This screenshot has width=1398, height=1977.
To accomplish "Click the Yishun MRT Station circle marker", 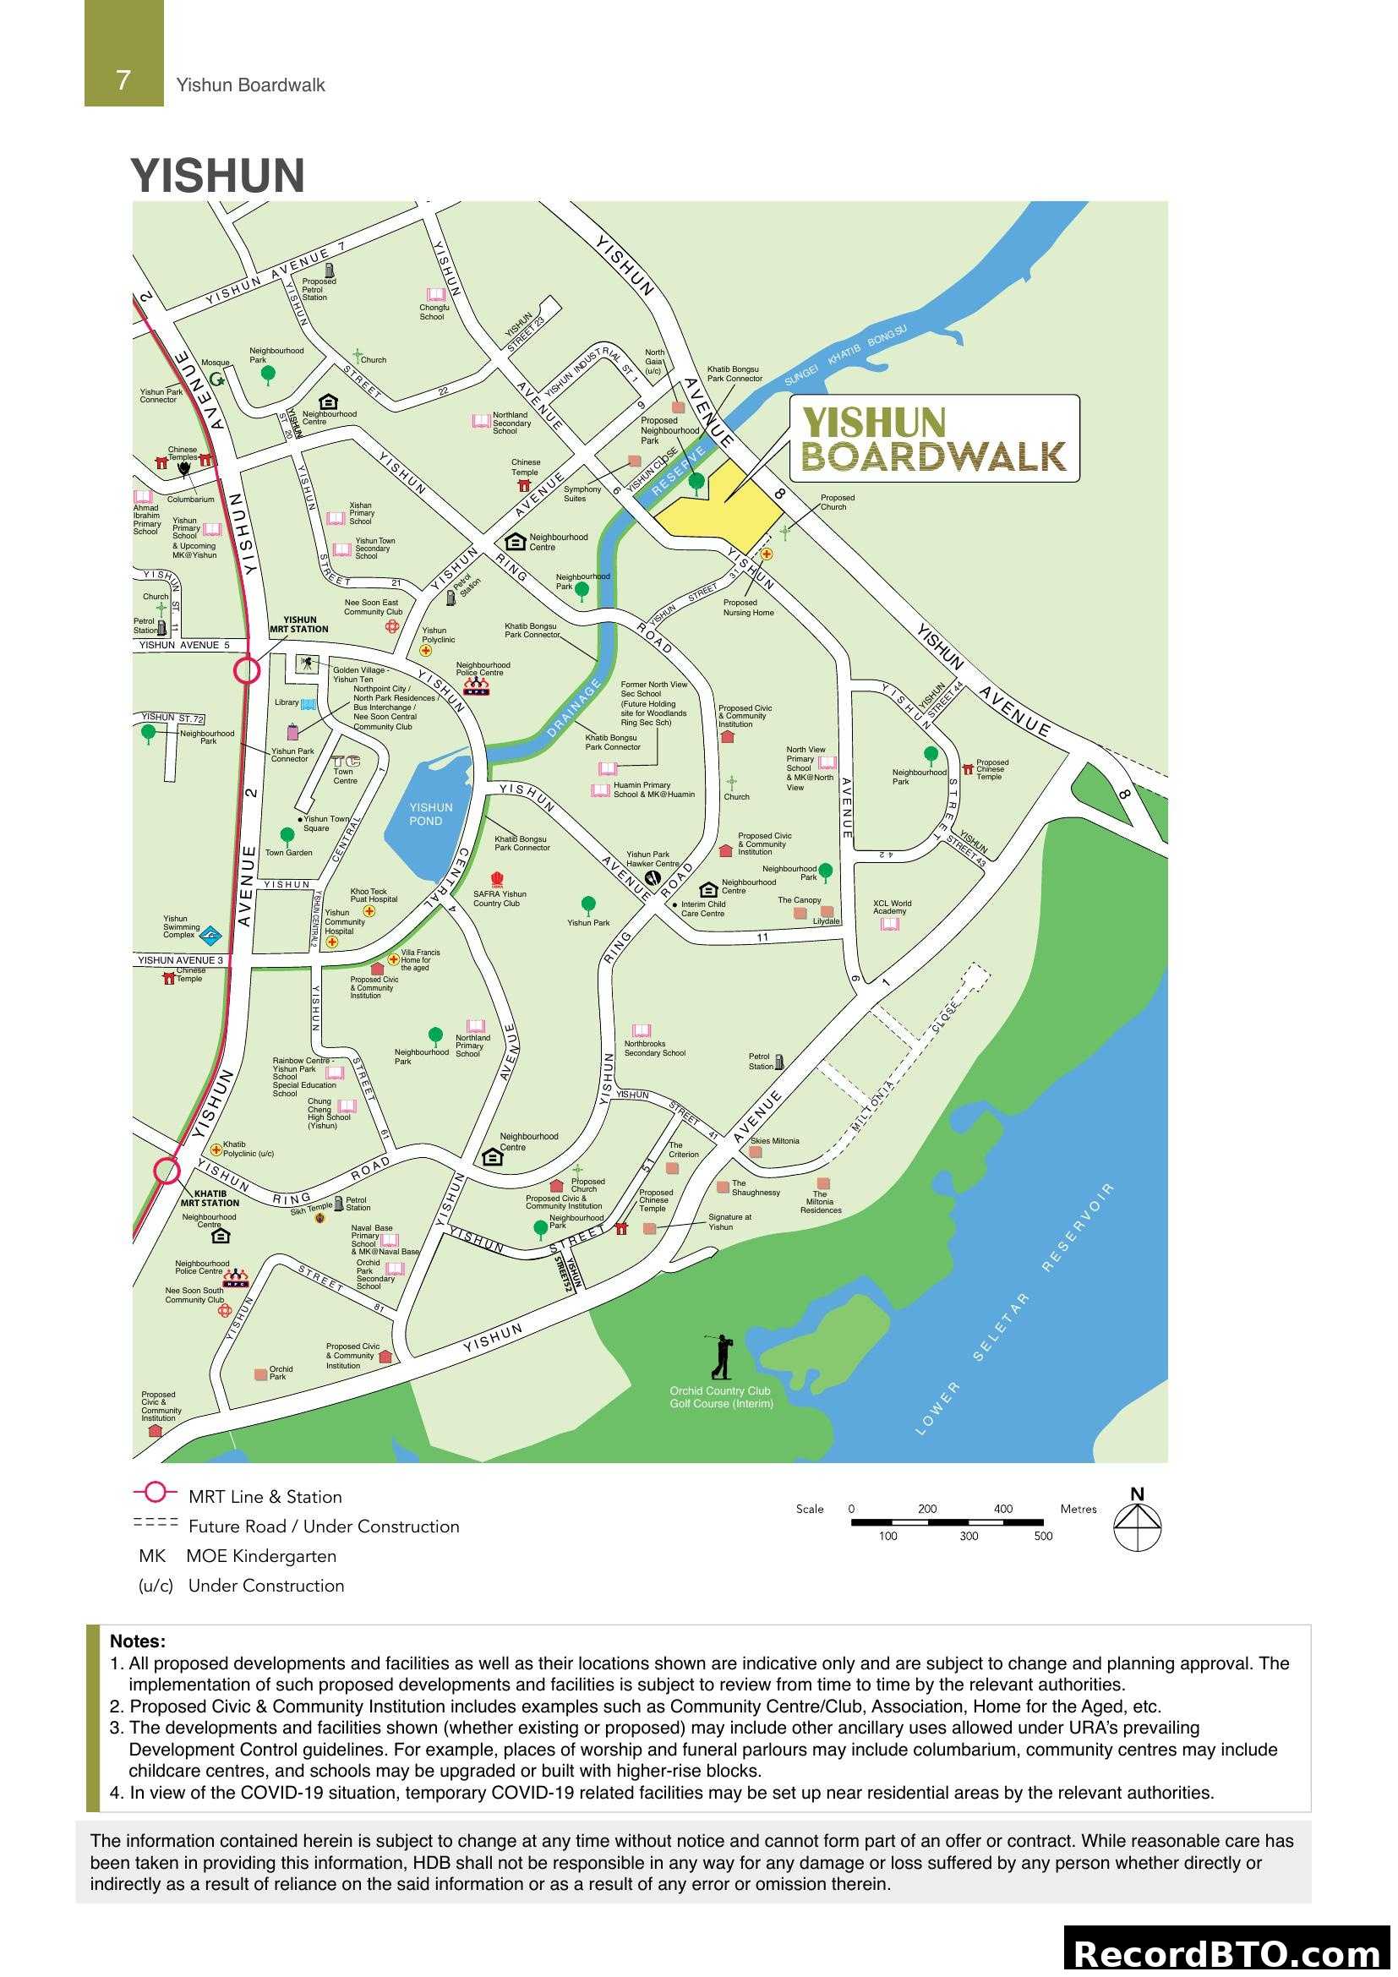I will [x=246, y=670].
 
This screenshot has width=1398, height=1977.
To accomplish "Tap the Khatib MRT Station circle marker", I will [x=167, y=1171].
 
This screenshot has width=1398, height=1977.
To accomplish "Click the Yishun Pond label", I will [x=430, y=814].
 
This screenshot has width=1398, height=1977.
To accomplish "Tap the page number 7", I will [x=123, y=81].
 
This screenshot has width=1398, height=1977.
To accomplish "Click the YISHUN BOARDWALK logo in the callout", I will [x=933, y=440].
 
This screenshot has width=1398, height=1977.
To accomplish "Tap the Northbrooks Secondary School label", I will [x=654, y=1048].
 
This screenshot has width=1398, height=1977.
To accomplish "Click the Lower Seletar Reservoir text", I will [x=1016, y=1309].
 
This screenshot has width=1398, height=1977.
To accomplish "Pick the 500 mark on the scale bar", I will [x=1042, y=1536].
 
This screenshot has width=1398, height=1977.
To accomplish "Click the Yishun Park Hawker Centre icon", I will [x=652, y=878].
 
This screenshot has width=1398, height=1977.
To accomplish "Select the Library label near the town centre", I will [x=287, y=702].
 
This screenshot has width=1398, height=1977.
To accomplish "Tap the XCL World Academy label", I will [x=891, y=907].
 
